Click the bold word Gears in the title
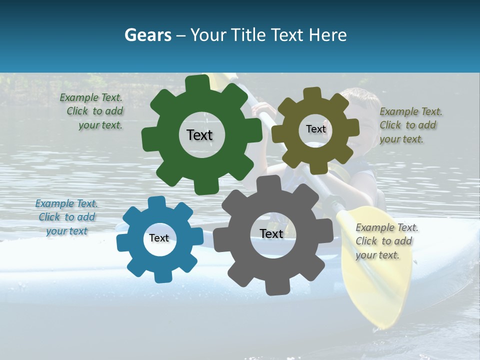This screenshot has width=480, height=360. pyautogui.click(x=147, y=35)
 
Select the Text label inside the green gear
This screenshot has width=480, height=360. pyautogui.click(x=199, y=135)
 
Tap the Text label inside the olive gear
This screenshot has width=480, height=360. pyautogui.click(x=315, y=129)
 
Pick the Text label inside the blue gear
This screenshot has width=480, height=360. pyautogui.click(x=159, y=238)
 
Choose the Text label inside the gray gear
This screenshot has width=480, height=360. pyautogui.click(x=271, y=233)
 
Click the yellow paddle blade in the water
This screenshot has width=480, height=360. pyautogui.click(x=372, y=270)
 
